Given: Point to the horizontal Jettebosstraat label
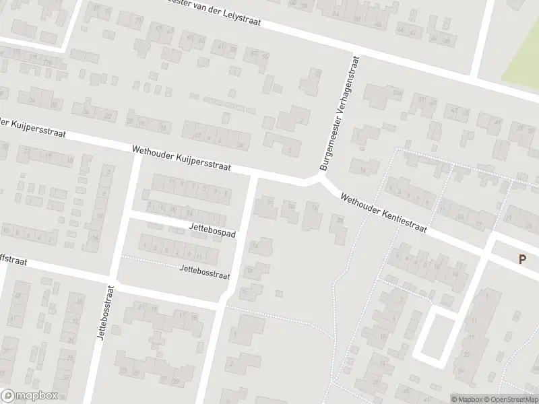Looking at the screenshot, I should click(x=205, y=271).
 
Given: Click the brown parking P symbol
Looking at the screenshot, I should click(x=522, y=259).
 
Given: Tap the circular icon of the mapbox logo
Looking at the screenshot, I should click(x=8, y=396).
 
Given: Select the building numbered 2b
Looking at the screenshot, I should click(x=241, y=144).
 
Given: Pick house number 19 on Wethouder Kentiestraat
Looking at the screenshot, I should click(x=479, y=225).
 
